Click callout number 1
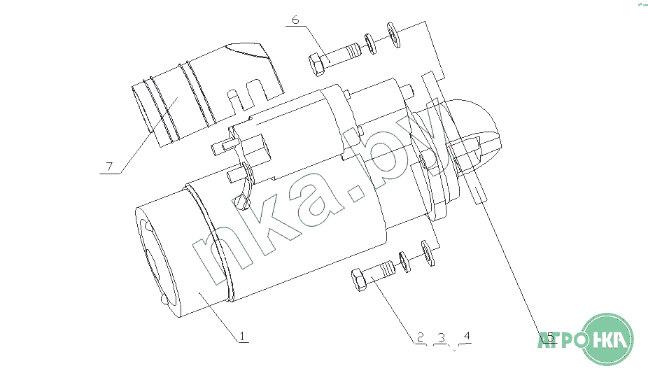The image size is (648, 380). pos(243,336)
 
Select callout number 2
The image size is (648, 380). pos(421,337)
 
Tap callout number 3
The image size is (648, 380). pos(442,338)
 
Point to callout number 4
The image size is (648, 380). pos(467,335)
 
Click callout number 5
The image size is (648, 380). pos(550,337)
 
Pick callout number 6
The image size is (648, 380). pos(295,20)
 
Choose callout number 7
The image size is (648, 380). pos(109,167)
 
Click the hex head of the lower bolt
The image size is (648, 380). pos(360,279)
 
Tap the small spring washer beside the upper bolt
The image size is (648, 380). pos(370,44)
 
